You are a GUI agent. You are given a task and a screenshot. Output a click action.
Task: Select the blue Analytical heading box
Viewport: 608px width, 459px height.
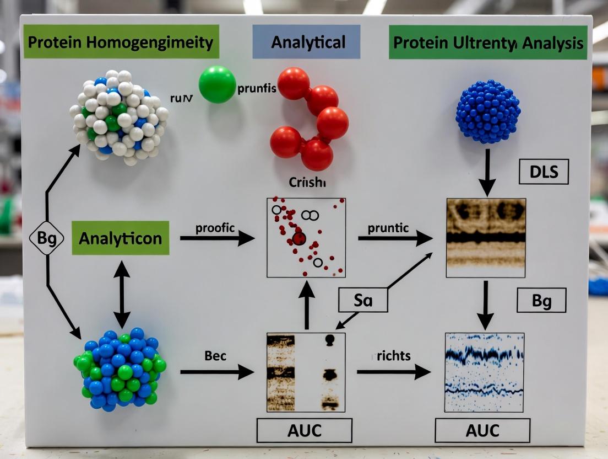click(x=306, y=42)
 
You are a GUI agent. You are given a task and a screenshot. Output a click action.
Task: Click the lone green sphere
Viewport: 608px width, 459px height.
click(x=217, y=84)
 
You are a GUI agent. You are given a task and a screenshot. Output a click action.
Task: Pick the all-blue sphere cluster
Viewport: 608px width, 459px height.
click(x=488, y=112)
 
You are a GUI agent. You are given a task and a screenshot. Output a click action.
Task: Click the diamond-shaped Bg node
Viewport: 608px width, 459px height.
click(x=47, y=238)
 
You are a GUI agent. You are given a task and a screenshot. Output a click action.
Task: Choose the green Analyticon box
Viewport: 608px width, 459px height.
click(x=120, y=238)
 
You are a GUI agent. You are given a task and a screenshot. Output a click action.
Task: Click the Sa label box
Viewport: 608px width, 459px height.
click(x=363, y=301)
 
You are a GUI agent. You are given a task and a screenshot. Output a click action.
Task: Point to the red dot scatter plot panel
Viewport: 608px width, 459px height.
click(x=306, y=237)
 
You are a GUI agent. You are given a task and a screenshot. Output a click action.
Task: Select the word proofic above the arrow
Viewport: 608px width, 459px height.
click(x=215, y=227)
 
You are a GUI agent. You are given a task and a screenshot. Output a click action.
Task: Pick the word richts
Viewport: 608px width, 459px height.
click(x=394, y=356)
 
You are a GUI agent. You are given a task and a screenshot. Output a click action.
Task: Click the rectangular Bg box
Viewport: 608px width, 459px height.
click(x=541, y=301)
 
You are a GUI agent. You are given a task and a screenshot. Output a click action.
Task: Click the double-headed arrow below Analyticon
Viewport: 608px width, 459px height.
click(x=122, y=294)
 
